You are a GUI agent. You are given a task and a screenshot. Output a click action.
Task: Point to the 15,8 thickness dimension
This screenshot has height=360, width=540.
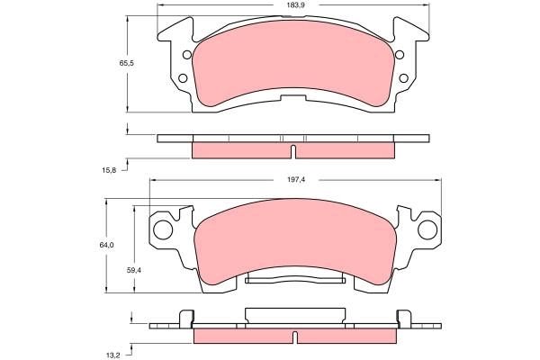[108, 167]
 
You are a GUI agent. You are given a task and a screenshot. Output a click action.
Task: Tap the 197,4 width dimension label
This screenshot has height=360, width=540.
[296, 180]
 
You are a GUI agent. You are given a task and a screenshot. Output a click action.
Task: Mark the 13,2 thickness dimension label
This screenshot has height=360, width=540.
[113, 355]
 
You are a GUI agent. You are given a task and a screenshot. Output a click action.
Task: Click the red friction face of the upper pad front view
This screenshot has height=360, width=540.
[293, 72]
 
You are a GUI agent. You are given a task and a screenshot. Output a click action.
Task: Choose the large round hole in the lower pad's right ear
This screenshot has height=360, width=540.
[428, 229]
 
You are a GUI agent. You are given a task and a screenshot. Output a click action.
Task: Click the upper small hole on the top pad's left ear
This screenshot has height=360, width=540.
[186, 56]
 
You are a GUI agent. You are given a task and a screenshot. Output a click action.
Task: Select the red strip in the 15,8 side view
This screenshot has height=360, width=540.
[243, 150]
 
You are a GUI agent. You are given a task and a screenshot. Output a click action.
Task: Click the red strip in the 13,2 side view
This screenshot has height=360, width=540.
[243, 333]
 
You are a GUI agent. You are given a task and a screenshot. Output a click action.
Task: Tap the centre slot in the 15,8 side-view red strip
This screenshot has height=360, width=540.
[293, 149]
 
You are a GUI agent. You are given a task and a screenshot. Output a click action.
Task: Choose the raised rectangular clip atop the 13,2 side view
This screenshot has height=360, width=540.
[293, 315]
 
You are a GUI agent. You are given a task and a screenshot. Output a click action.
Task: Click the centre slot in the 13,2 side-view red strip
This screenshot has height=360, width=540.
[294, 337]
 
